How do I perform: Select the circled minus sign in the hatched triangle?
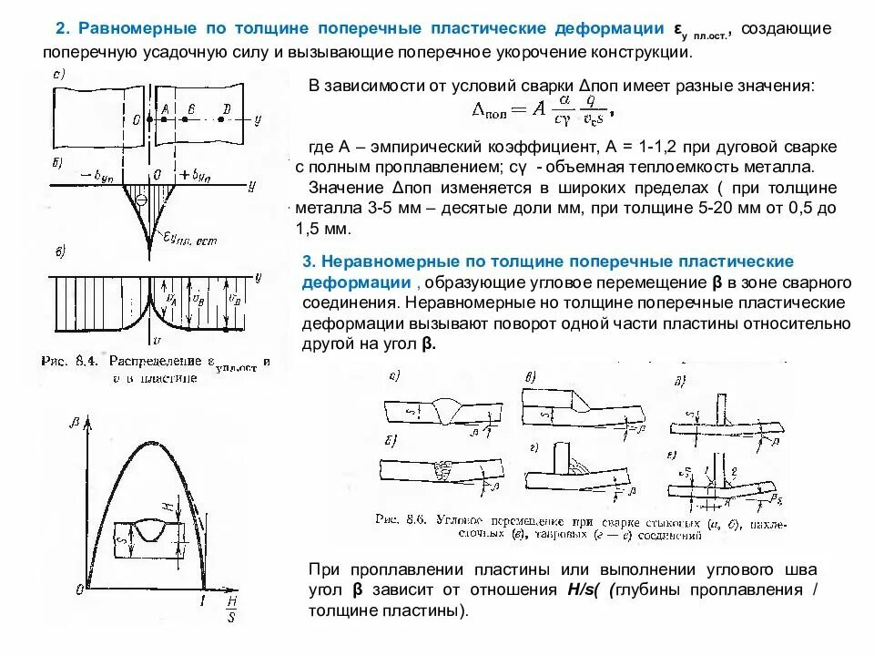pos(141,200)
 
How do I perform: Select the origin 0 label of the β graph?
pos(80,591)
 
